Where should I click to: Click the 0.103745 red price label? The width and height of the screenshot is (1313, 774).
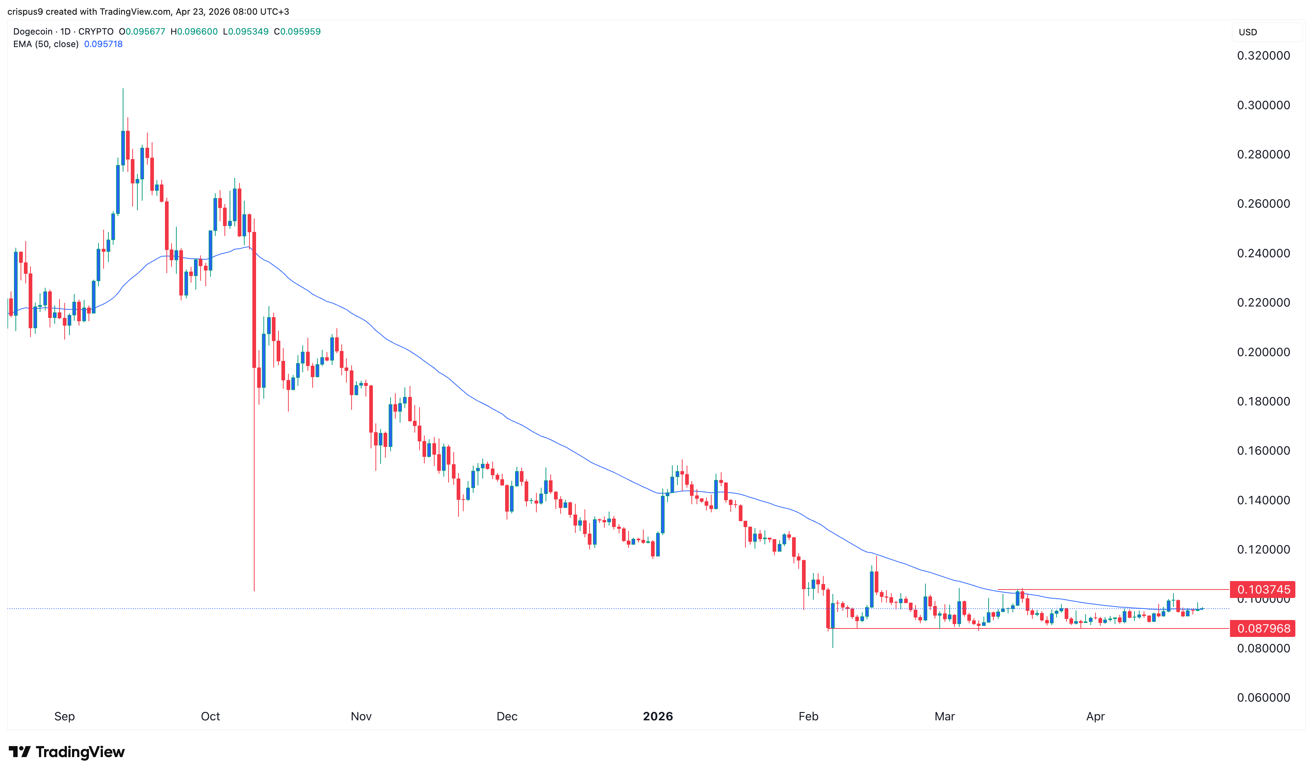pos(1263,590)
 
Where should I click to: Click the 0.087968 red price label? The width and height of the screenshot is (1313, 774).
pos(1263,628)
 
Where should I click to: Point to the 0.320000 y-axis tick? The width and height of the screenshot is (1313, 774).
pos(1263,56)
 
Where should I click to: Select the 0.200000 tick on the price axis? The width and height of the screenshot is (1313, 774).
pos(1263,352)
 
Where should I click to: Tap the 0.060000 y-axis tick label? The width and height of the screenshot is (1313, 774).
pos(1263,698)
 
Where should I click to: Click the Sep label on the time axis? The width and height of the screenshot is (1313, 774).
pos(65,717)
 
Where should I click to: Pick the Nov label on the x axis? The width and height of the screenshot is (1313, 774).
pos(361,717)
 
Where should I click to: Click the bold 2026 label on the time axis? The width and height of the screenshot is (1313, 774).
pos(658,717)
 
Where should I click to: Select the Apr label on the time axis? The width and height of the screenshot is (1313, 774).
pos(1095,717)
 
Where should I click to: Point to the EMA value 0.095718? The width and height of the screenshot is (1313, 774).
pos(103,44)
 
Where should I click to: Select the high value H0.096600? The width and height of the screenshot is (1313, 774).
pos(194,31)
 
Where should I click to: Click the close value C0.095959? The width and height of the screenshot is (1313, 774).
pos(297,31)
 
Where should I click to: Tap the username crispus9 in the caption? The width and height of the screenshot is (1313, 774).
pos(25,11)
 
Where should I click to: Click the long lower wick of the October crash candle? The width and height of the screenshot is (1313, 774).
pos(254,495)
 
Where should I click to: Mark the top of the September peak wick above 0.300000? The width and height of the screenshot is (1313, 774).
pos(123,89)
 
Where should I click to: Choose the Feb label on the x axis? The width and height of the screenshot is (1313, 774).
pos(809,717)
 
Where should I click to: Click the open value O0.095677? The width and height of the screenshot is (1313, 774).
pos(142,31)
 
